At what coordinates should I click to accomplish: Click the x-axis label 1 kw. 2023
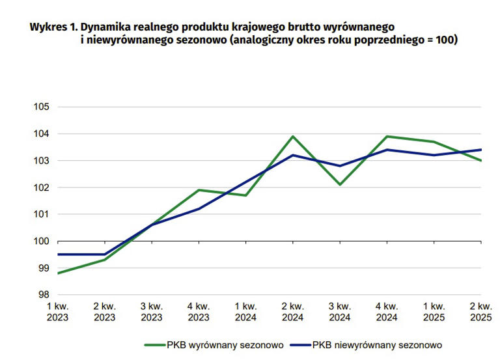[58, 311]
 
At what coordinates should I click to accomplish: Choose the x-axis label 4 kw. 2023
[199, 311]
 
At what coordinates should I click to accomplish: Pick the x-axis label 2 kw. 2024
[292, 311]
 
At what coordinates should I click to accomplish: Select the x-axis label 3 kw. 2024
[339, 311]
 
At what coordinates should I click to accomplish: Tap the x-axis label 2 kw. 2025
[480, 311]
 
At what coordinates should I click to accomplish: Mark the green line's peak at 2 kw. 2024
[293, 136]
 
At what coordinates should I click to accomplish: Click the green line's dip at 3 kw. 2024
[340, 184]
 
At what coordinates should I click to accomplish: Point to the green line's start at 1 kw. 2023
[58, 273]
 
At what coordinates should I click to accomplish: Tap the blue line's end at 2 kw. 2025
[480, 150]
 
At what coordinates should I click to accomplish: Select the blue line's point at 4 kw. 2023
[199, 209]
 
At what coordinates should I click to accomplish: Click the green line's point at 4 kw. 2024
[387, 136]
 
